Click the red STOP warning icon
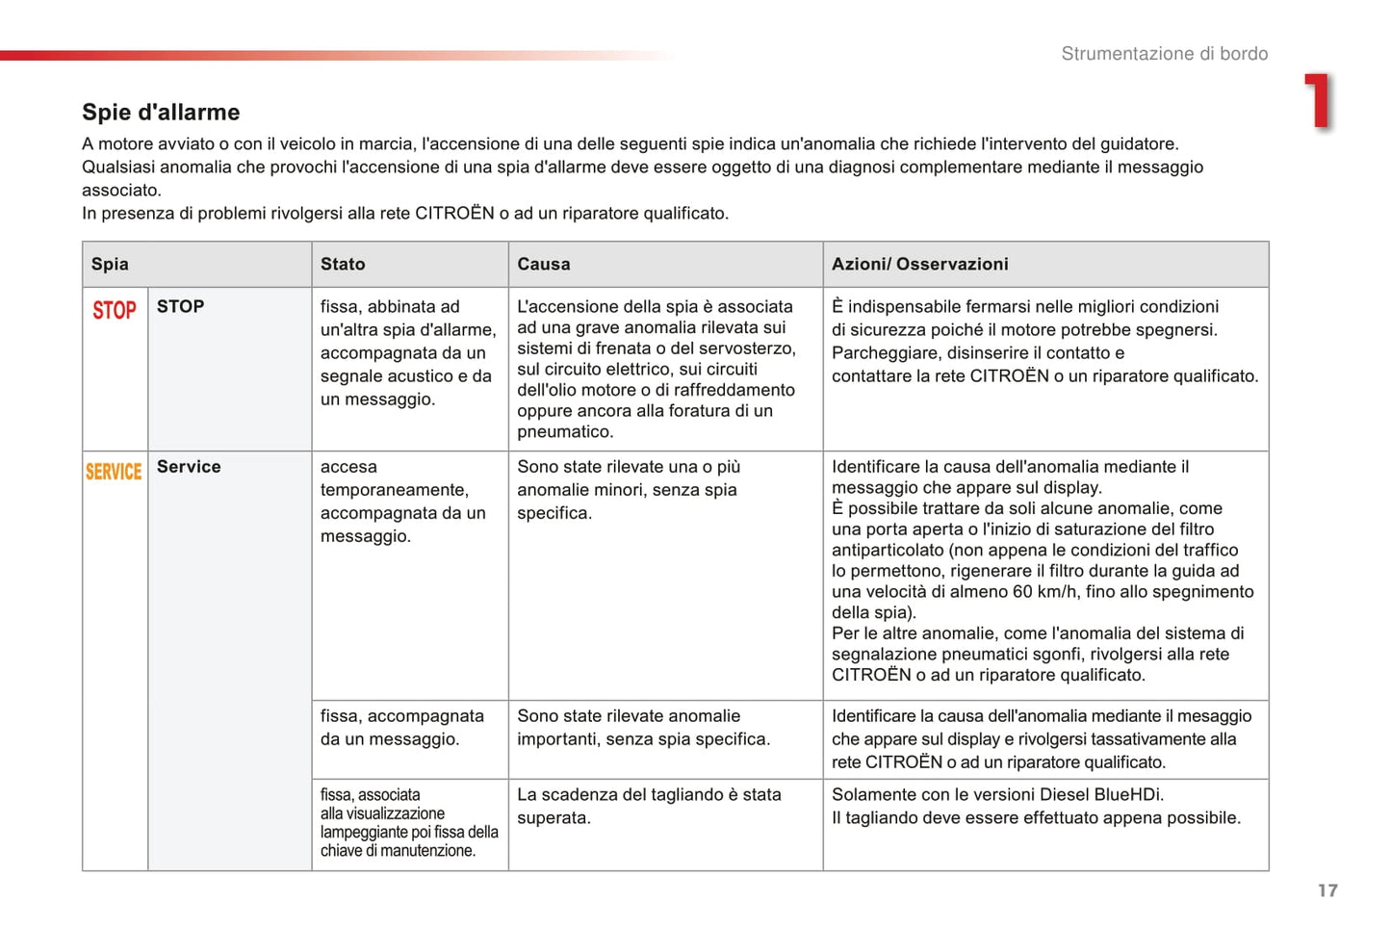pyautogui.click(x=115, y=310)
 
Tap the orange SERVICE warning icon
pyautogui.click(x=114, y=472)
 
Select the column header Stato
pyautogui.click(x=343, y=264)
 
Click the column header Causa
pyautogui.click(x=544, y=264)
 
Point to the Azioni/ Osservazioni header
pyautogui.click(x=919, y=264)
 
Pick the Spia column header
pyautogui.click(x=110, y=264)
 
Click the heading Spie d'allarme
pyautogui.click(x=161, y=113)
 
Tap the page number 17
pyautogui.click(x=1327, y=890)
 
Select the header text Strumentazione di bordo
pyautogui.click(x=1164, y=54)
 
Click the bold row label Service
pyautogui.click(x=189, y=467)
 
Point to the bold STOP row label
pyautogui.click(x=180, y=306)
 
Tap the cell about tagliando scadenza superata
pyautogui.click(x=649, y=807)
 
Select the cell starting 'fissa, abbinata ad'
pyautogui.click(x=408, y=352)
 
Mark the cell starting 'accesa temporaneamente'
pyautogui.click(x=402, y=502)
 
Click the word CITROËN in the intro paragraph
pyautogui.click(x=454, y=214)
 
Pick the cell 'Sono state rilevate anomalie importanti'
pyautogui.click(x=643, y=728)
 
